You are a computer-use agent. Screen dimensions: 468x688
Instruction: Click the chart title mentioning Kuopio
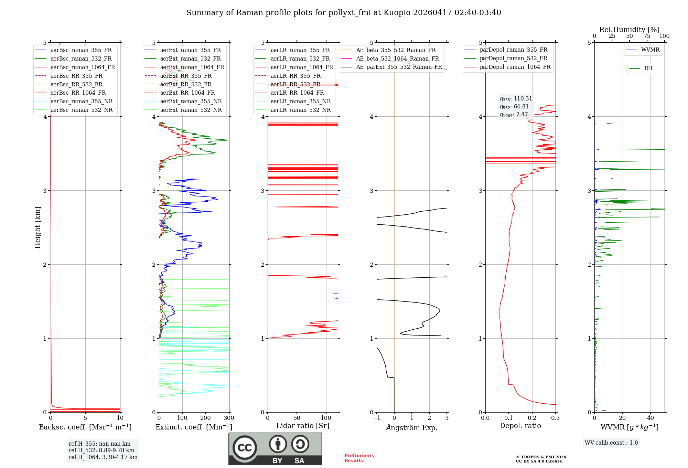pyautogui.click(x=343, y=13)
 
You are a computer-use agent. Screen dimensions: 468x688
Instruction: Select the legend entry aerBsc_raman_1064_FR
pyautogui.click(x=83, y=67)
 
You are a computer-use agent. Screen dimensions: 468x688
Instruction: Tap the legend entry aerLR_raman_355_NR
pyautogui.click(x=300, y=101)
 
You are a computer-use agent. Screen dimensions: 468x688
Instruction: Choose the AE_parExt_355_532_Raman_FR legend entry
pyautogui.click(x=399, y=67)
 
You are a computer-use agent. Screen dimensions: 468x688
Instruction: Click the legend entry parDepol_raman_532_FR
pyautogui.click(x=513, y=58)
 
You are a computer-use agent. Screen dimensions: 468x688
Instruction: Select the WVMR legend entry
pyautogui.click(x=650, y=50)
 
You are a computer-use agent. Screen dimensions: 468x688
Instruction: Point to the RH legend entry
pyautogui.click(x=648, y=68)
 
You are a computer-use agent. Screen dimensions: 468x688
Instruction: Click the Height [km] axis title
pyautogui.click(x=37, y=227)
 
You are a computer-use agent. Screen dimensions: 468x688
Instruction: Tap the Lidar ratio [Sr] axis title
pyautogui.click(x=302, y=426)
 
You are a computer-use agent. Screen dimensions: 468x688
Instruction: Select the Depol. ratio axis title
pyautogui.click(x=520, y=426)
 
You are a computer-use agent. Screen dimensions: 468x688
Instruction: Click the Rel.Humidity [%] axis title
pyautogui.click(x=629, y=30)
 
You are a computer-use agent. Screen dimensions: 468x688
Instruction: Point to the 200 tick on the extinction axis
pyautogui.click(x=205, y=418)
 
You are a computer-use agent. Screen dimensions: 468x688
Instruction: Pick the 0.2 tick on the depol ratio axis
pyautogui.click(x=532, y=418)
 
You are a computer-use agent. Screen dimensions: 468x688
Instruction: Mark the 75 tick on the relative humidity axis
pyautogui.click(x=647, y=36)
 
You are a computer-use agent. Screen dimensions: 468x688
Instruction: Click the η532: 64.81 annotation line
pyautogui.click(x=514, y=107)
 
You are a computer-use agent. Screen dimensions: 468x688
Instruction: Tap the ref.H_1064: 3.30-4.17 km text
pyautogui.click(x=103, y=457)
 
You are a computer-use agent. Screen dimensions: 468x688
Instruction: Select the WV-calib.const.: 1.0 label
pyautogui.click(x=611, y=443)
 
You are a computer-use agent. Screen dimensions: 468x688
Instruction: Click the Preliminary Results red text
pyautogui.click(x=359, y=458)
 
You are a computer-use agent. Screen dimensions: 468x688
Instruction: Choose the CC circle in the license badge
pyautogui.click(x=245, y=448)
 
